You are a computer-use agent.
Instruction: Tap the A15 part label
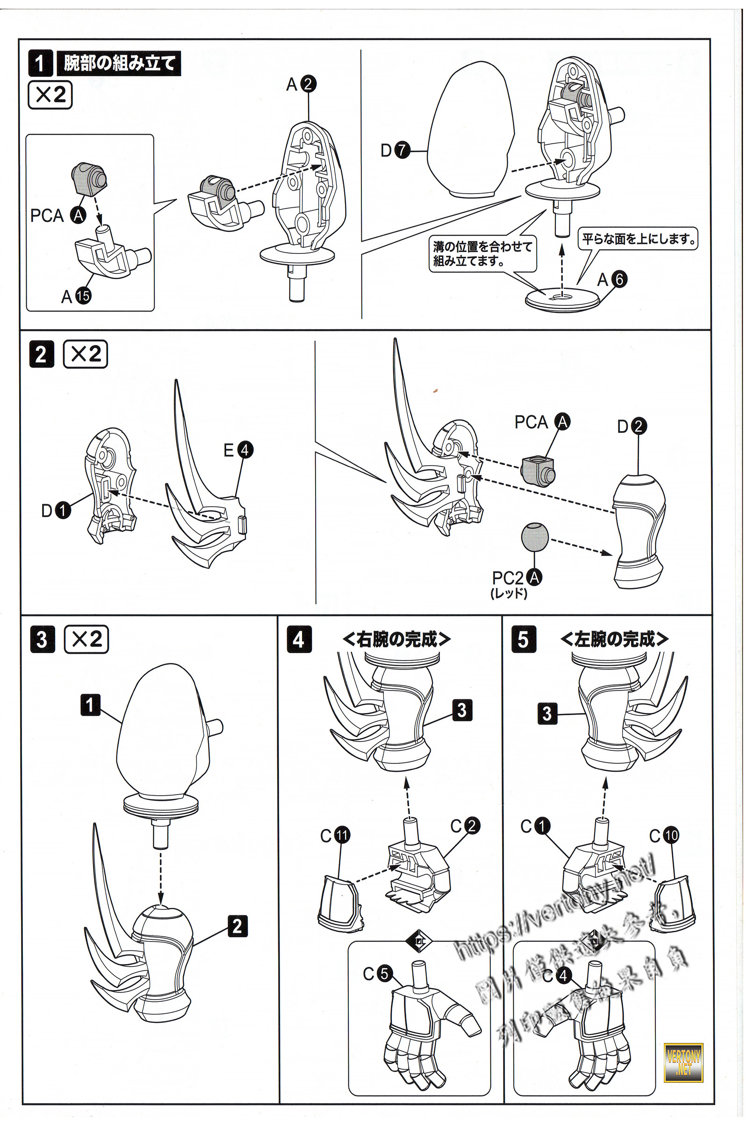pos(76,296)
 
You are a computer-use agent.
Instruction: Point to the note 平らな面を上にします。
pos(638,238)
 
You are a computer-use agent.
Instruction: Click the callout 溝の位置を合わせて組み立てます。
pos(482,254)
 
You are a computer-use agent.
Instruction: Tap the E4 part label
pos(238,450)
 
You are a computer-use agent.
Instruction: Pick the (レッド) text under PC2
pos(509,593)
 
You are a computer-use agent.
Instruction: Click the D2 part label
pos(632,426)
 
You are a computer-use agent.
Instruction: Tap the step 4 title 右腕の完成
pos(396,639)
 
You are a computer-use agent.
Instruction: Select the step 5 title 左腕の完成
pos(614,639)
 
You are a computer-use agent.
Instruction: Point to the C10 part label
pos(664,835)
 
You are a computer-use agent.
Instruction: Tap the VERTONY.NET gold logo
pos(683,1062)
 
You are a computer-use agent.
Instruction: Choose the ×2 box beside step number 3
pos(86,639)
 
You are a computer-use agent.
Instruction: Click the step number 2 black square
pos(42,354)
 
